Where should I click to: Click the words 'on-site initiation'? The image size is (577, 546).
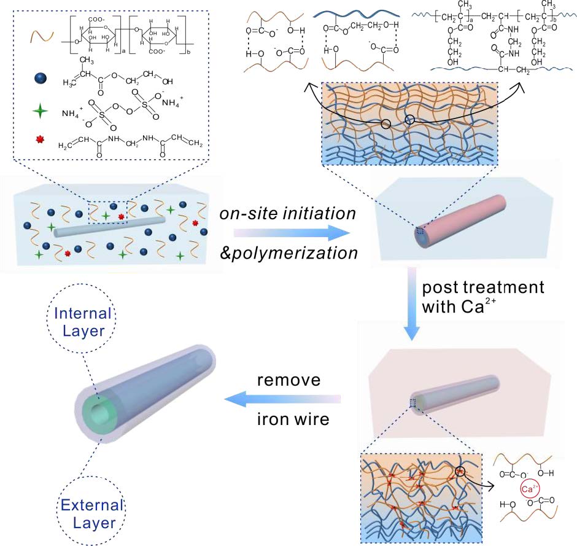(x=288, y=214)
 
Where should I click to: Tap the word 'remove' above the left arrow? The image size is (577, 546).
(x=288, y=380)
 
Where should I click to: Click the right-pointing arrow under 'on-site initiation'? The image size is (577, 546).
(x=288, y=233)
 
